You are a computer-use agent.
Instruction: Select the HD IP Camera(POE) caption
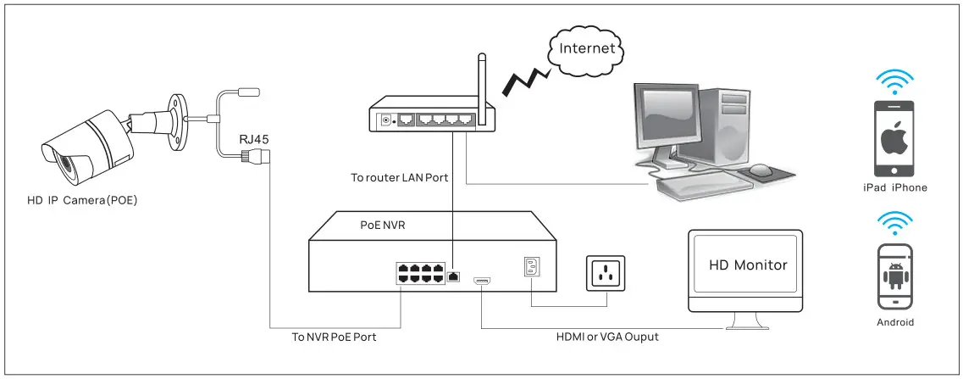point(82,200)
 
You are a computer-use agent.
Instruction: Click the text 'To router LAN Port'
point(399,178)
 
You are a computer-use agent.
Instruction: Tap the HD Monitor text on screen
point(748,265)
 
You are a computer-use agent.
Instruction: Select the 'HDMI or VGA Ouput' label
point(607,337)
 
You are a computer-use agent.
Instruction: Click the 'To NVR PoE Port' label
point(335,337)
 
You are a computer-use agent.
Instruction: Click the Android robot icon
point(894,276)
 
